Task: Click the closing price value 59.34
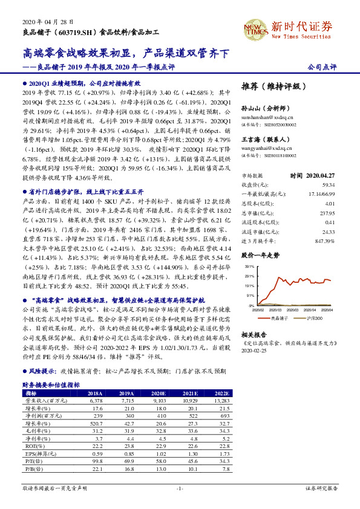328,184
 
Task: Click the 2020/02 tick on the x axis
259,310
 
